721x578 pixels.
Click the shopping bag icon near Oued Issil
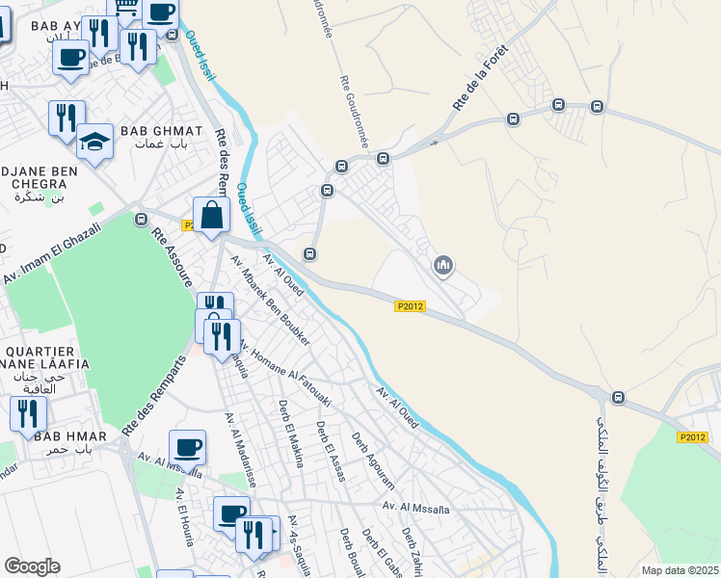[211, 216]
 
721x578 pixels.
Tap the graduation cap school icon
[94, 143]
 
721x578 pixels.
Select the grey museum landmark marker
[443, 264]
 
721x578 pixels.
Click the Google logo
[32, 566]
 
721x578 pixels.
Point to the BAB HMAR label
[66, 436]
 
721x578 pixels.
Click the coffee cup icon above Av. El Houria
[187, 447]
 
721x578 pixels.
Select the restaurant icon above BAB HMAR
[28, 412]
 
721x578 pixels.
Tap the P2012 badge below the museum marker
[410, 306]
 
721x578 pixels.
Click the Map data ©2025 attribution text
[680, 570]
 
